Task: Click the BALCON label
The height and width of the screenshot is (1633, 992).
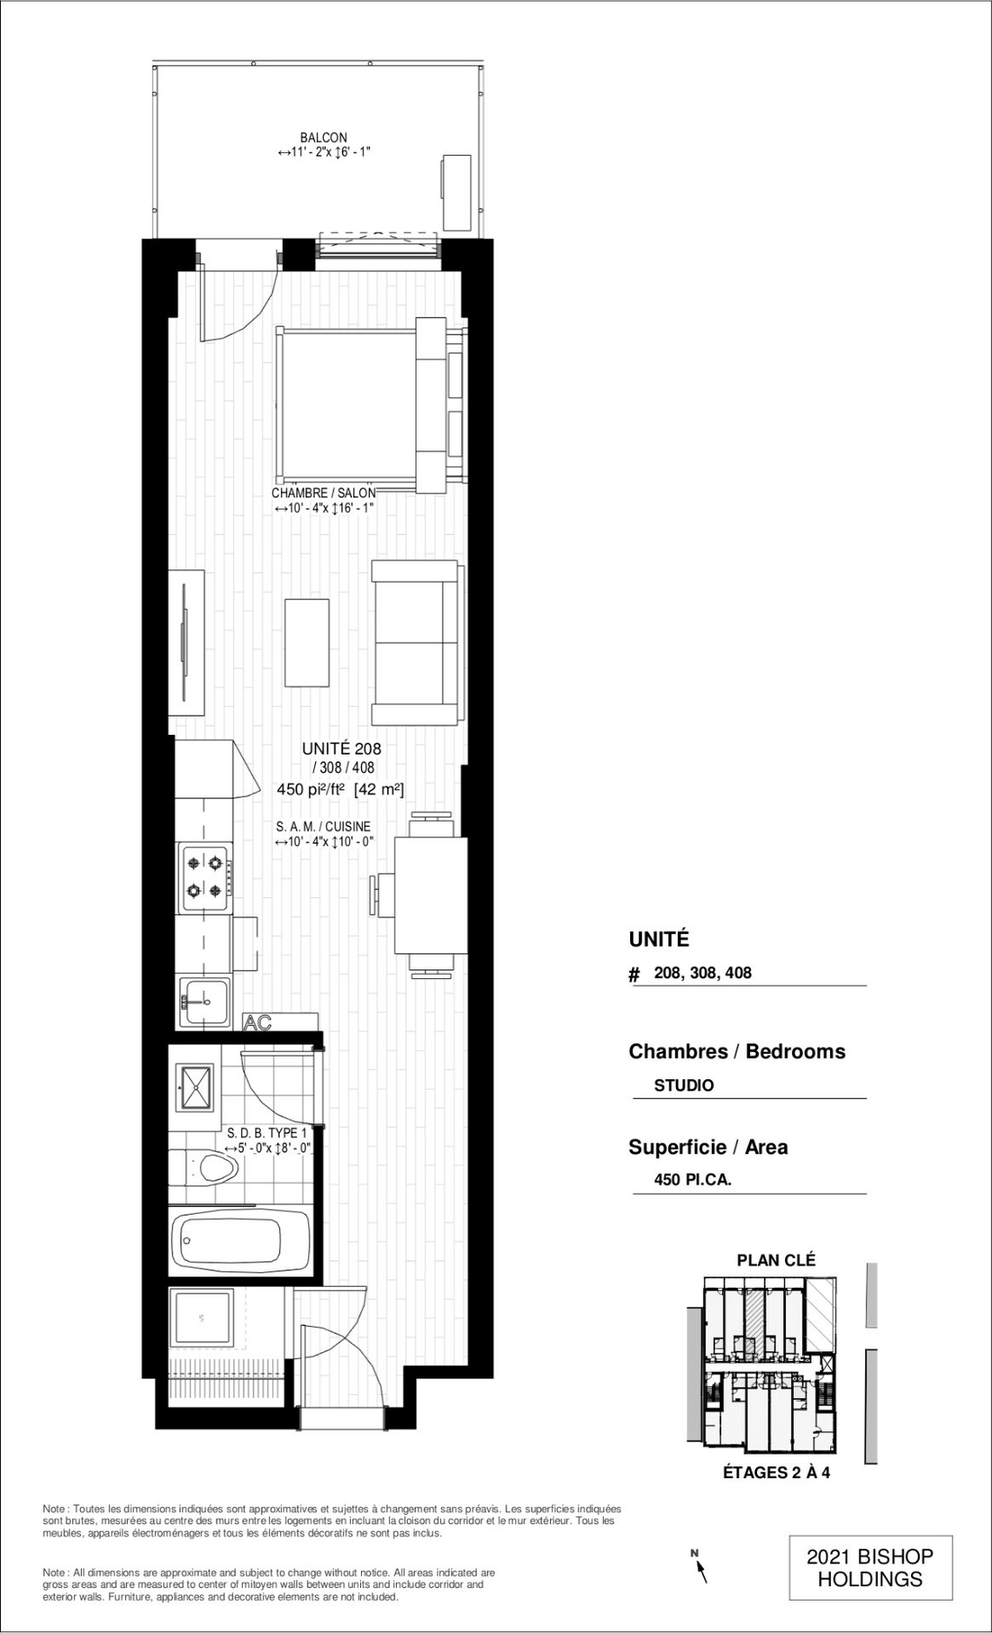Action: [324, 137]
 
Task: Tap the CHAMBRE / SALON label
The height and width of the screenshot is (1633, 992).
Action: [324, 493]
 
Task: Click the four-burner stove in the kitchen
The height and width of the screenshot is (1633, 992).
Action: [205, 877]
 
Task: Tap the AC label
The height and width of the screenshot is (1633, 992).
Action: [258, 1023]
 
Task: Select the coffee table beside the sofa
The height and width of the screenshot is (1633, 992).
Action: [307, 644]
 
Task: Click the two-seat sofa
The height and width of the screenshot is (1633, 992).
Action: [417, 643]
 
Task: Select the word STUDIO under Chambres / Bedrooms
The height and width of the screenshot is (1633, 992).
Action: [684, 1085]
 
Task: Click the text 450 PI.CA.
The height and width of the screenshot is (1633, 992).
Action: [693, 1180]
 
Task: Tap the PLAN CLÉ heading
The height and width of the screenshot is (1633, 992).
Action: [776, 1259]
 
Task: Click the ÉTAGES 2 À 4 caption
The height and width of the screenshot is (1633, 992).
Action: [776, 1473]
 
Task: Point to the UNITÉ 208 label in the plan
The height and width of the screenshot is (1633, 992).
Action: [341, 748]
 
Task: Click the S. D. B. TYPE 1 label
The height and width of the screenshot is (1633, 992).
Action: [267, 1133]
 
